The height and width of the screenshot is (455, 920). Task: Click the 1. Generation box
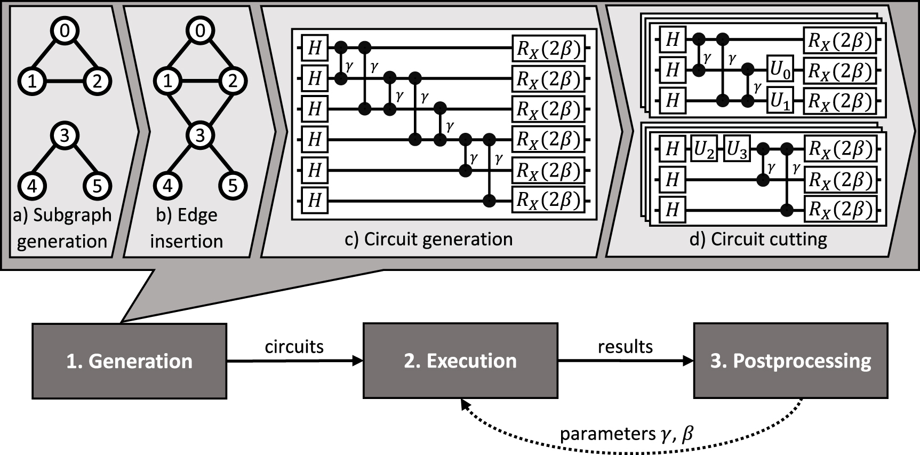click(x=130, y=361)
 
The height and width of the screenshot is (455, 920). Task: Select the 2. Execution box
click(x=460, y=361)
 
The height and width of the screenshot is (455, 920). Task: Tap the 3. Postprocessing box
click(x=790, y=361)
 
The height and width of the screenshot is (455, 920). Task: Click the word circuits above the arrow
click(x=294, y=347)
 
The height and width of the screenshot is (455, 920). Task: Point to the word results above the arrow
click(x=625, y=347)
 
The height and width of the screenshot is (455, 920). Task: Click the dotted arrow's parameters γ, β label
click(x=626, y=433)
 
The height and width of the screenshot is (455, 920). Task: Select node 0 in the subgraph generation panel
click(x=65, y=31)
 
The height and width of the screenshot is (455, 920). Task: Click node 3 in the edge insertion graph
click(x=200, y=135)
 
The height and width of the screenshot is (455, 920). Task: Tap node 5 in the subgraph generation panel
click(x=97, y=186)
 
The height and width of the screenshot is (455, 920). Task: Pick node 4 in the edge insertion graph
click(x=167, y=186)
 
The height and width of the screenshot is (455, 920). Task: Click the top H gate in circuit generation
click(x=315, y=48)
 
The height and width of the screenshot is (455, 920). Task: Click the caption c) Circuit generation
click(x=429, y=239)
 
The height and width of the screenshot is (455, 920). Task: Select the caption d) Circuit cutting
click(x=758, y=239)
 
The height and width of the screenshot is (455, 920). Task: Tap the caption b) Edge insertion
click(x=187, y=228)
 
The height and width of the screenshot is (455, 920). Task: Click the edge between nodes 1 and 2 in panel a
click(x=65, y=82)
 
